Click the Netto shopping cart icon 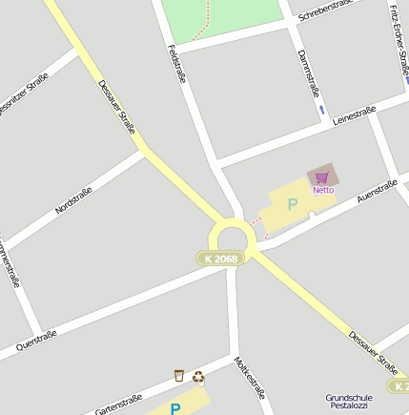pyautogui.click(x=322, y=176)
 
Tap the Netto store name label pyautogui.click(x=323, y=189)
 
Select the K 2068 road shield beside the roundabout pyautogui.click(x=218, y=259)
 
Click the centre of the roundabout pyautogui.click(x=233, y=239)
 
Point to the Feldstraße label pyautogui.click(x=176, y=64)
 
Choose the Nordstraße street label pyautogui.click(x=73, y=200)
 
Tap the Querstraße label pyautogui.click(x=36, y=341)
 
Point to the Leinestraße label pyautogui.click(x=354, y=115)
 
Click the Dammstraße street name pyautogui.click(x=308, y=73)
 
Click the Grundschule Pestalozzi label pyautogui.click(x=349, y=401)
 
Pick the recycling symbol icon pyautogui.click(x=198, y=376)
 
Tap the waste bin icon pyautogui.click(x=178, y=376)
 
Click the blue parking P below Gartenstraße pyautogui.click(x=175, y=409)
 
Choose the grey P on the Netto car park pyautogui.click(x=293, y=203)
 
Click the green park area pyautogui.click(x=219, y=17)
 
